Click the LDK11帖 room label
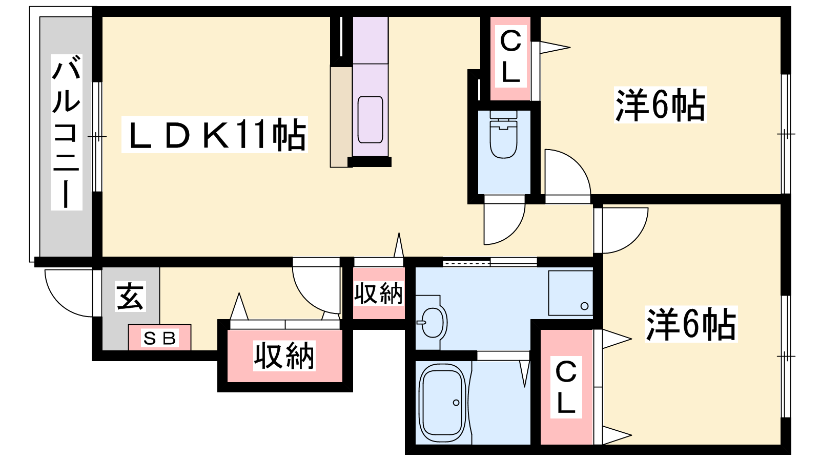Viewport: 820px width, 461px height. tap(215, 134)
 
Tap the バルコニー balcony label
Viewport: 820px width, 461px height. tap(66, 132)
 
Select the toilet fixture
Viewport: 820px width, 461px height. tap(504, 135)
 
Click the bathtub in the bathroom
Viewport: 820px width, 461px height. tap(443, 403)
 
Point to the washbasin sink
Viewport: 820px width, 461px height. tap(433, 323)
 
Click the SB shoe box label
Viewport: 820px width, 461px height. tap(160, 339)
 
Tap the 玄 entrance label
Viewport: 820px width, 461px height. tap(130, 297)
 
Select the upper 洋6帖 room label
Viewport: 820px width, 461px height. tap(660, 105)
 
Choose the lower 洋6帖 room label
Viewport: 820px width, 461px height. tap(691, 324)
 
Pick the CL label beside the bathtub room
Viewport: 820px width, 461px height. tap(566, 387)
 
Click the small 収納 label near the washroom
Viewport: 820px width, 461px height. tap(379, 294)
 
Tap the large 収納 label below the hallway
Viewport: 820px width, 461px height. tap(284, 355)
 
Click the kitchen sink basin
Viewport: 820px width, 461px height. tap(370, 120)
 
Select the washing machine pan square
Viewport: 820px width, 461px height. tap(570, 292)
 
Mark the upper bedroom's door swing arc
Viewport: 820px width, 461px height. tap(567, 172)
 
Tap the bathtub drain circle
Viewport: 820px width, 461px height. tap(456, 403)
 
